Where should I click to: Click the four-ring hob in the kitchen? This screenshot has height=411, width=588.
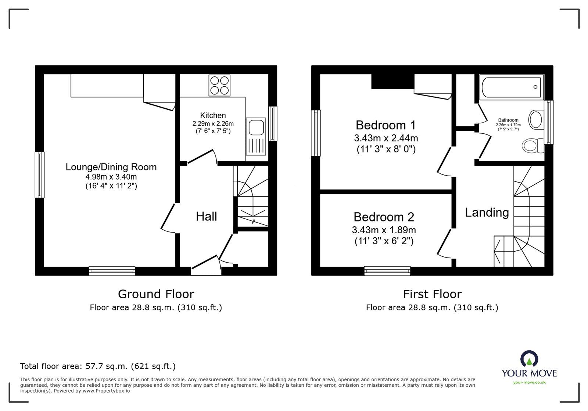tap(219, 85)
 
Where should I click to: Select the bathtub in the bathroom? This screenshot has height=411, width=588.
tap(511, 87)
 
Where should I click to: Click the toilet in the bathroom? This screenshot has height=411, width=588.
tap(533, 145)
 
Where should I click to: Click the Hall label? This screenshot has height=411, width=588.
tap(206, 216)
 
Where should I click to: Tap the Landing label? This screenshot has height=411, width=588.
tap(487, 212)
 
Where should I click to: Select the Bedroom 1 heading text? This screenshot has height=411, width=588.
tap(386, 125)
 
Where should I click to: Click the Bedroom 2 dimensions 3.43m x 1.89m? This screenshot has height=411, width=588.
tap(384, 230)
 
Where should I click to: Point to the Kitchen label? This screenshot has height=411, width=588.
tap(213, 115)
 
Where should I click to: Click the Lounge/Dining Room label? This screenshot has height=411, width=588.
tap(111, 167)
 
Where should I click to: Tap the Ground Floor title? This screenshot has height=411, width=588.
tap(156, 294)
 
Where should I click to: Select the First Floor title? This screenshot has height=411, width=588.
tap(432, 294)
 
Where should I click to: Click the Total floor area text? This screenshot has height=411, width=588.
tap(98, 366)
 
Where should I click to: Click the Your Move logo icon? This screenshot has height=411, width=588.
tap(529, 359)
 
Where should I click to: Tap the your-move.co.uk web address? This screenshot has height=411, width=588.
tap(529, 382)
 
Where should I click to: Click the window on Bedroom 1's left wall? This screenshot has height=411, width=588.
tap(316, 133)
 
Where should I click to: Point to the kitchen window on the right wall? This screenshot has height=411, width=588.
tap(272, 124)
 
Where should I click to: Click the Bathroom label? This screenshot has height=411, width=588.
tap(508, 120)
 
